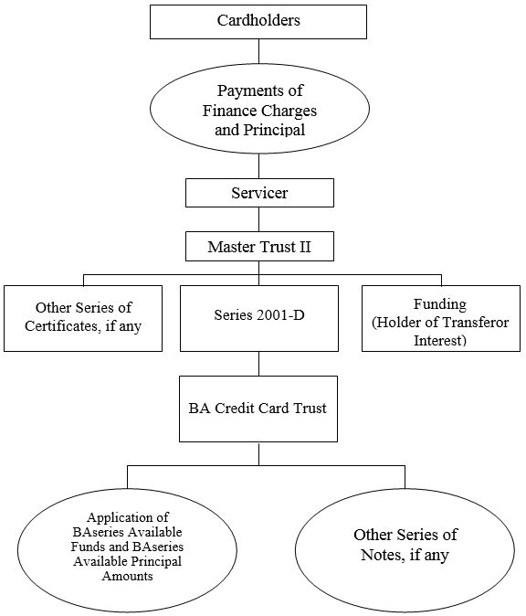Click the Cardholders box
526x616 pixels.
pos(258,22)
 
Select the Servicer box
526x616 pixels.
pos(259,193)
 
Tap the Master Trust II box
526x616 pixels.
pos(259,247)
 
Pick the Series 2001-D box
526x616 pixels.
pos(259,318)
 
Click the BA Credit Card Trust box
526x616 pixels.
pos(258,409)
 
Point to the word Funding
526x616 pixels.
pos(440,304)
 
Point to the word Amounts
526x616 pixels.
pos(127,576)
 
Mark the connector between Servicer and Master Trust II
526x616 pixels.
pos(259,219)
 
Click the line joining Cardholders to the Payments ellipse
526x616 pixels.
pos(259,51)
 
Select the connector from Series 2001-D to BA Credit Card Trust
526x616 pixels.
pos(259,364)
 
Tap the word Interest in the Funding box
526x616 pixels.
pos(438,340)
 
